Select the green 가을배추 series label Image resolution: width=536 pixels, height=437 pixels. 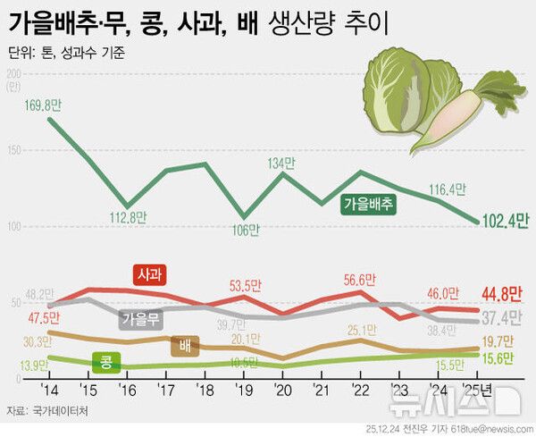click(369, 204)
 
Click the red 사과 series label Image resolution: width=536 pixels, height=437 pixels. click(151, 274)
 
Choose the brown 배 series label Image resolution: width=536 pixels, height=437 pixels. click(185, 345)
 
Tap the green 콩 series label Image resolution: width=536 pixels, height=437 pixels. click(105, 363)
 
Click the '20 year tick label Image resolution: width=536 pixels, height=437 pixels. click(284, 391)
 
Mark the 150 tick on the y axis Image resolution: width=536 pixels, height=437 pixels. click(13, 149)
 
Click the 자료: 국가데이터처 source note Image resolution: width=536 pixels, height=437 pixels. click(43, 412)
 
